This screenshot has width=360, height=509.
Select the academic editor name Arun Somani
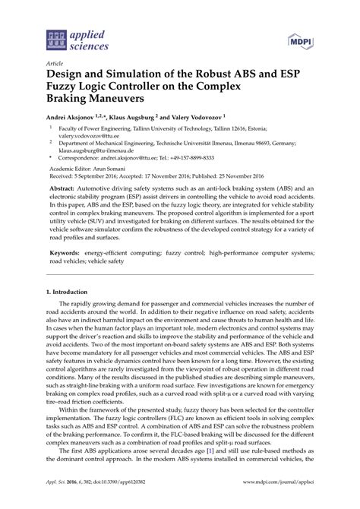pos(114,180)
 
